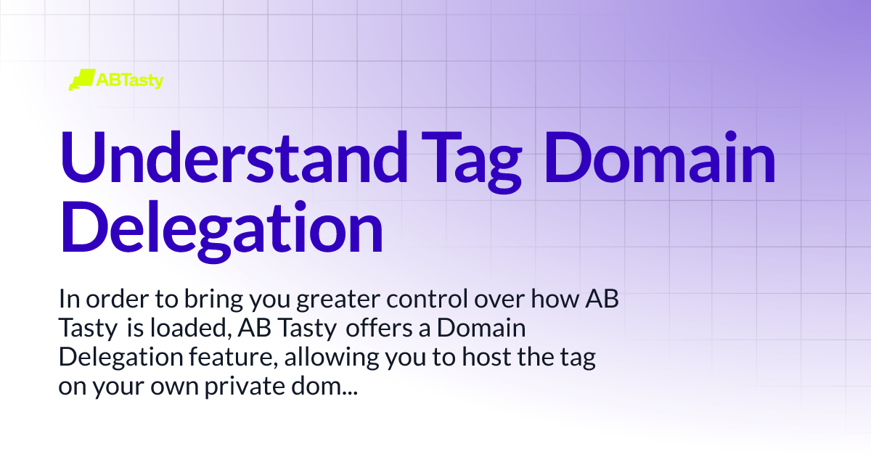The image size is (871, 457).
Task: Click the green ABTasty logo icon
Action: tap(81, 79)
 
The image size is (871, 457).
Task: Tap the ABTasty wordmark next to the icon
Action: tap(130, 81)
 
